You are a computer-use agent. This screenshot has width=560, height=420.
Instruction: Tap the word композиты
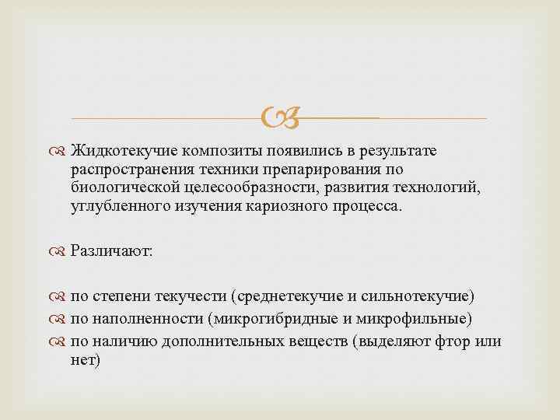(213, 149)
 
